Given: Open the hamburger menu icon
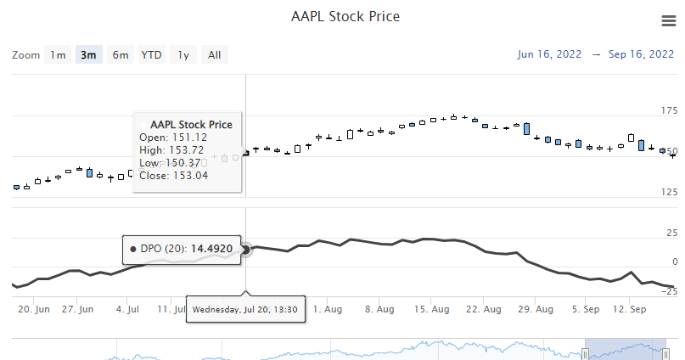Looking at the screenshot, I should point(667,21).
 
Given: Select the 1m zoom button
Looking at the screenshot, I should point(58,55).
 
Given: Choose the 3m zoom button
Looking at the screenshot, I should point(88,55).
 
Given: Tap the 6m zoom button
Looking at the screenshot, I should point(121,55).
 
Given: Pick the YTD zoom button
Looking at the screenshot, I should point(152,55).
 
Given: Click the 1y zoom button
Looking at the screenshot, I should point(183,55).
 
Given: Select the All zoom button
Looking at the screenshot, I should point(214,55).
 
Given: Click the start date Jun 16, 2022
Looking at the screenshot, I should point(549,54).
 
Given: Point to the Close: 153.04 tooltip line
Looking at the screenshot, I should point(173,176).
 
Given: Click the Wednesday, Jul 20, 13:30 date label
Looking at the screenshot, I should point(244,310).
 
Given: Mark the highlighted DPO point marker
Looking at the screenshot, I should point(246,250).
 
